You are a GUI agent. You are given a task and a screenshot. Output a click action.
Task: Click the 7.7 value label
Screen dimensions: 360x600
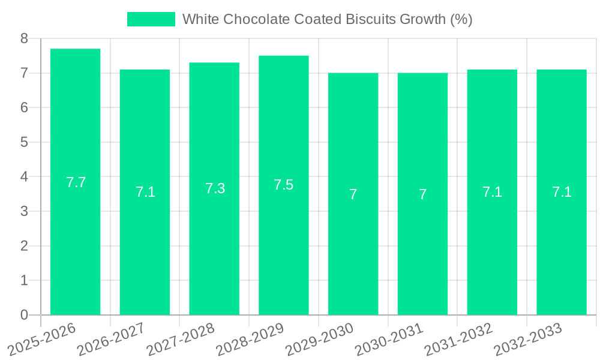pyautogui.click(x=76, y=182)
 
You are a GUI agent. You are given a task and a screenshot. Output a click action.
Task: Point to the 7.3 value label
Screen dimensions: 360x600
pyautogui.click(x=215, y=188)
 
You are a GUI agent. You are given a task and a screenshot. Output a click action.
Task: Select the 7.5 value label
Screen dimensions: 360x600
pyautogui.click(x=283, y=185)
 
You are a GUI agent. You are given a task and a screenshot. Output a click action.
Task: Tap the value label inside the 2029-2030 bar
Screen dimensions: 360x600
pyautogui.click(x=353, y=194)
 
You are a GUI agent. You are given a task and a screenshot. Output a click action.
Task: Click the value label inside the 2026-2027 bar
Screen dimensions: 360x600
pyautogui.click(x=145, y=192)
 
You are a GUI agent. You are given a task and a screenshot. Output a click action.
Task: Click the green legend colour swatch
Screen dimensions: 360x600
pyautogui.click(x=151, y=19)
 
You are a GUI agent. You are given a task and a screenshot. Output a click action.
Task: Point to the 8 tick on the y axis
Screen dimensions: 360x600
pyautogui.click(x=24, y=38)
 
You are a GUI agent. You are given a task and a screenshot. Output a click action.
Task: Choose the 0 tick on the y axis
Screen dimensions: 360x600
pyautogui.click(x=24, y=315)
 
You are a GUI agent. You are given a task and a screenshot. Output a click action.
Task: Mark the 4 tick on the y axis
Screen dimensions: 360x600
pyautogui.click(x=24, y=177)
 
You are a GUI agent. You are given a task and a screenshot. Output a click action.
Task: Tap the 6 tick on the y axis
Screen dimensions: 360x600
pyautogui.click(x=24, y=108)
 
